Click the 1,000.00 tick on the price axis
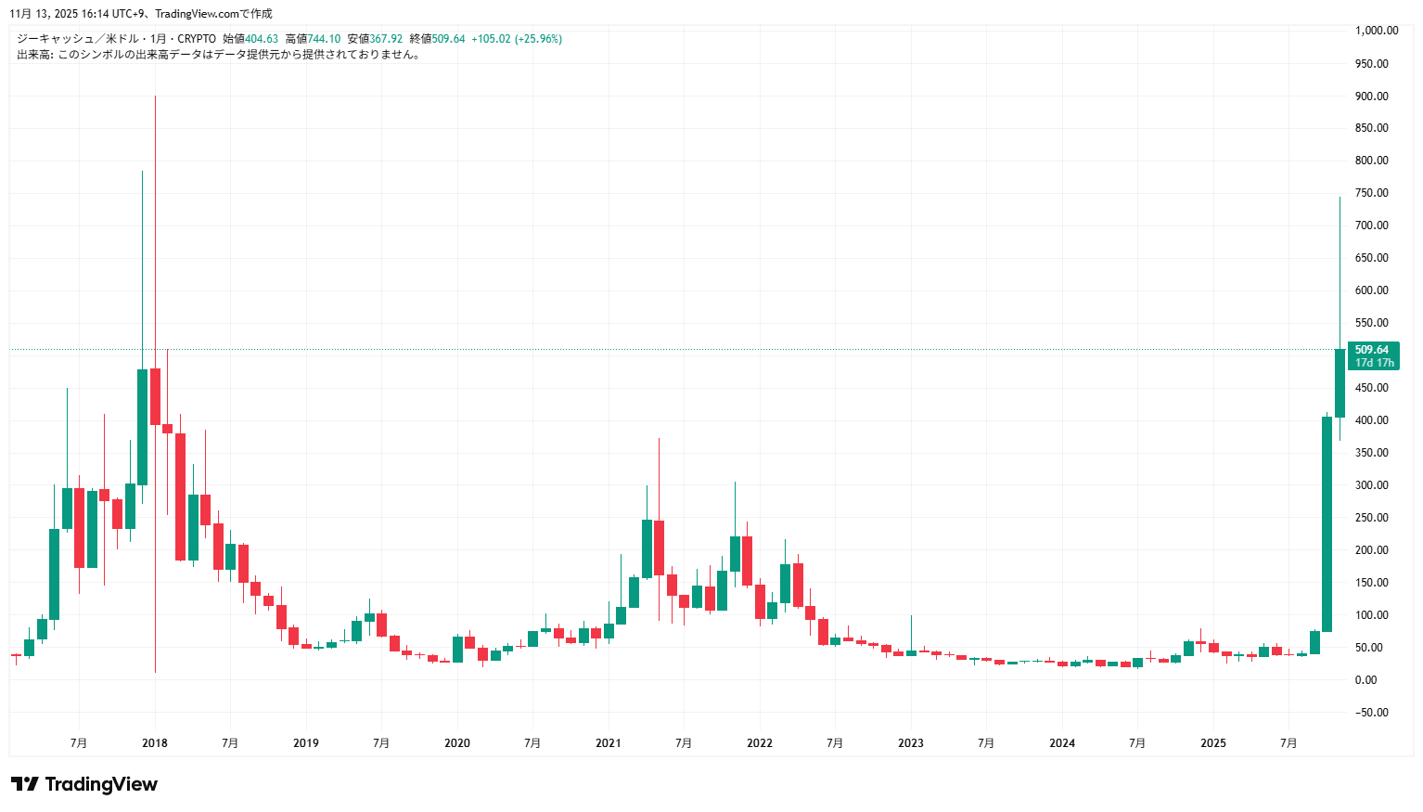click(x=1376, y=31)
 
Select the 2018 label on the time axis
click(x=155, y=743)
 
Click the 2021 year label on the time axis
click(x=609, y=743)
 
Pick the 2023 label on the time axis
click(x=911, y=743)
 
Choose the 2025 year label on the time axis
click(x=1213, y=743)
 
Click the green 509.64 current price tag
click(x=1372, y=350)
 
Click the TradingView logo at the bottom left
click(x=84, y=784)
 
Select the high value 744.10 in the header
click(x=325, y=39)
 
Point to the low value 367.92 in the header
click(x=387, y=39)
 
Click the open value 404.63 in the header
click(x=262, y=39)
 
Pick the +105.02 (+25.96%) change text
click(x=517, y=39)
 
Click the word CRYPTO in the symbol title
click(x=197, y=39)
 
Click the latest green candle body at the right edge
click(x=1340, y=383)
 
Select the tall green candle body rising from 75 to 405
click(x=1327, y=524)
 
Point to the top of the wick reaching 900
click(x=155, y=97)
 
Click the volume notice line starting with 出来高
click(x=219, y=55)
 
